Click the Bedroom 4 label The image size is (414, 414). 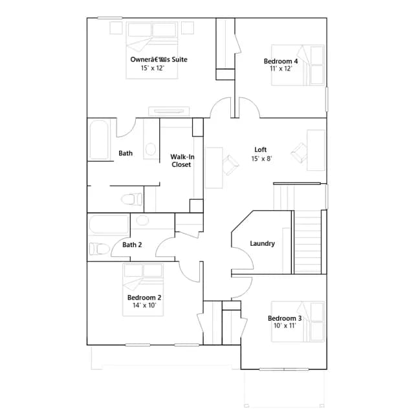click(x=281, y=61)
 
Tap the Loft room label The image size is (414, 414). click(x=260, y=149)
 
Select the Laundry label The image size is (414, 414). click(x=262, y=243)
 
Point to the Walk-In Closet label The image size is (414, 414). click(x=182, y=160)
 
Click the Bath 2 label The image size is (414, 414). click(x=132, y=245)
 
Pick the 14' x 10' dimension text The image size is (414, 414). click(x=144, y=305)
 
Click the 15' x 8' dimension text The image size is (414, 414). click(x=261, y=158)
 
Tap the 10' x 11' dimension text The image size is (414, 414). click(x=285, y=325)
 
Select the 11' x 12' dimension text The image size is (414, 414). click(x=281, y=69)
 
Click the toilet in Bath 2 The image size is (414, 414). click(x=99, y=248)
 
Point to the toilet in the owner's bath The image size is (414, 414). click(x=131, y=199)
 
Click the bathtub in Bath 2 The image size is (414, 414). click(x=108, y=224)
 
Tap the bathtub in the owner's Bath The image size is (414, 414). click(x=99, y=140)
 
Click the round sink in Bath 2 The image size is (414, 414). click(x=142, y=220)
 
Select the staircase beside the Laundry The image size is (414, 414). click(x=308, y=241)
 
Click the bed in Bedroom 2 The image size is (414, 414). click(x=143, y=289)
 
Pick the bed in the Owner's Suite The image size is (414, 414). click(x=152, y=50)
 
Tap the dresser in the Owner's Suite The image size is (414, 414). click(x=169, y=111)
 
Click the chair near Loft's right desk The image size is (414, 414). click(x=299, y=153)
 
